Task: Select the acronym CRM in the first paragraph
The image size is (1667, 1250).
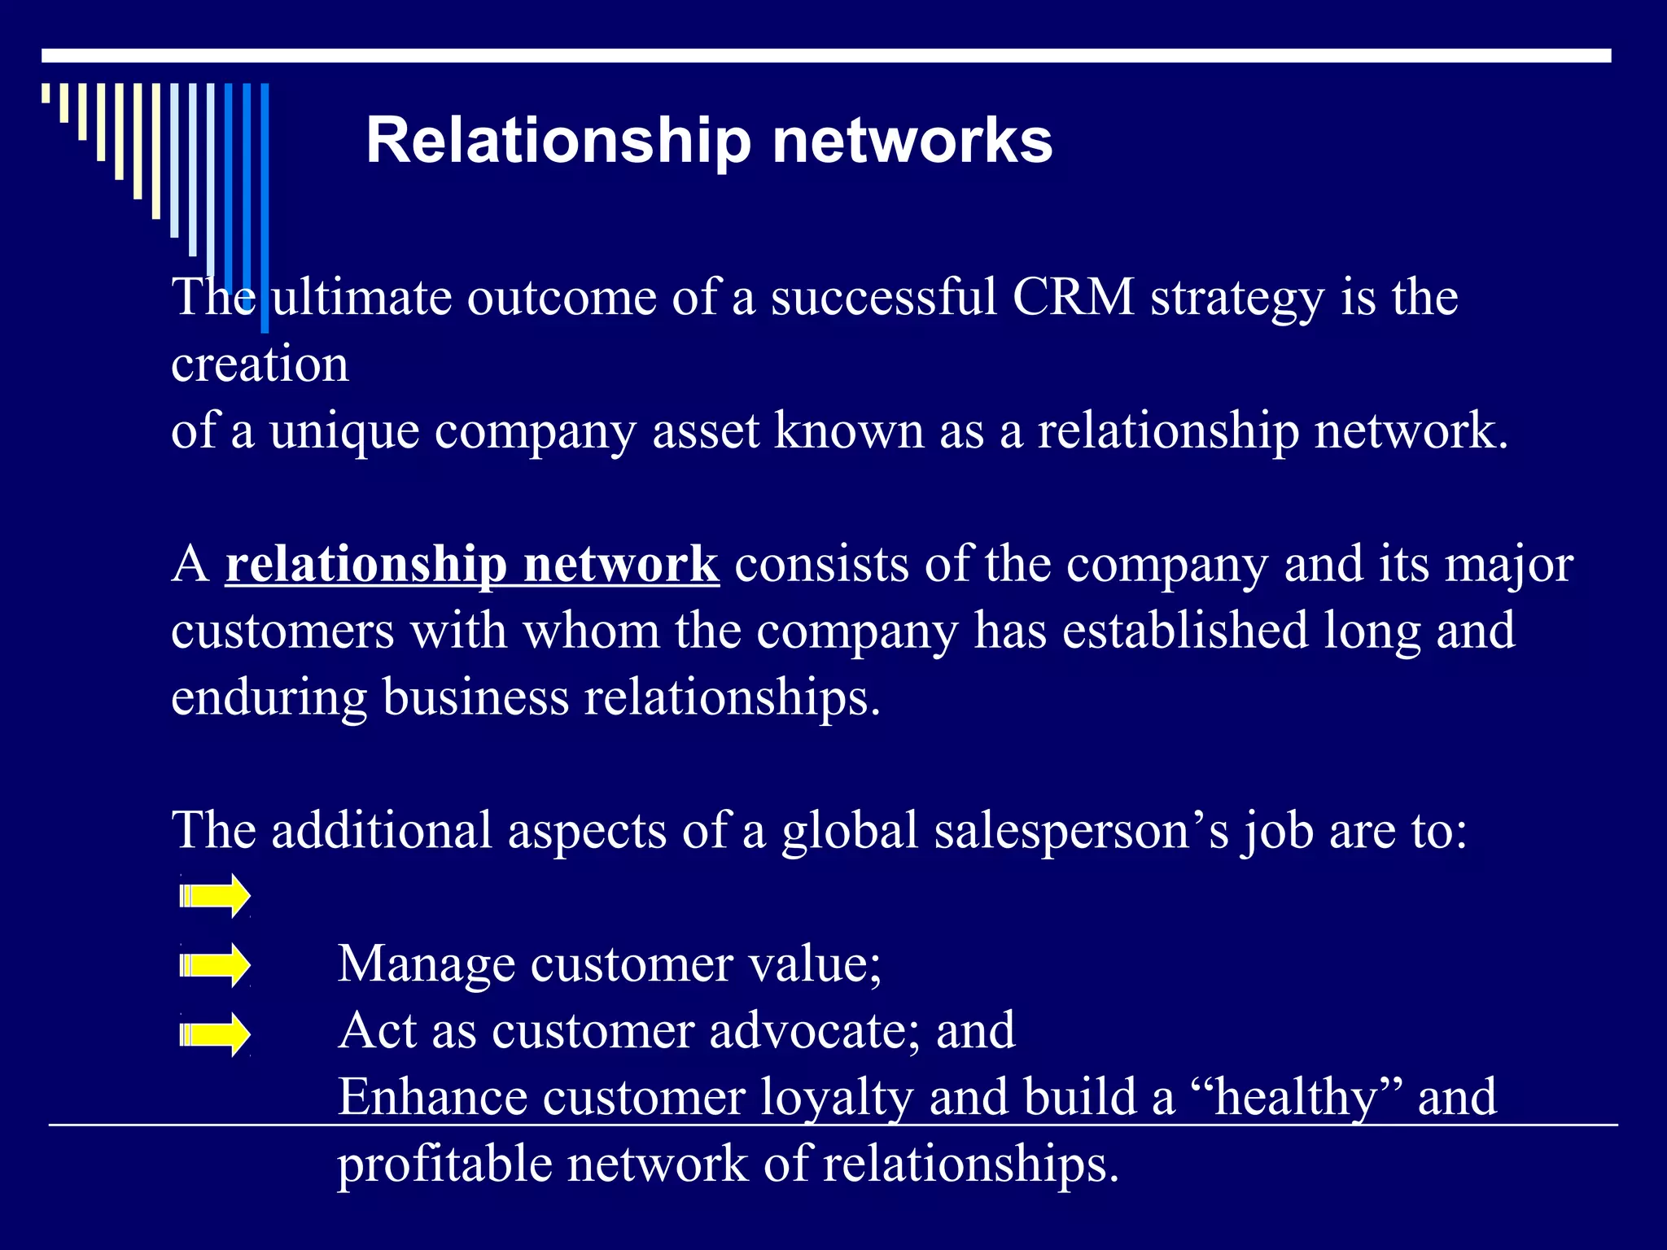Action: click(1074, 297)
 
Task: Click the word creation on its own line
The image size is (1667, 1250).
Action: click(260, 365)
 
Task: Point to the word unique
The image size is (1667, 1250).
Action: click(344, 431)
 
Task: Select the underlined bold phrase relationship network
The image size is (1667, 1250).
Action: click(472, 564)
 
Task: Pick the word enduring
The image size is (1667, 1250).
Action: click(269, 698)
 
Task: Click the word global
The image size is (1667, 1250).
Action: click(850, 831)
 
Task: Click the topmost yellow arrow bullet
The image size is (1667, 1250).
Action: click(215, 896)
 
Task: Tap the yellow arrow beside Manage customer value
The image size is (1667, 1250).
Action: click(215, 965)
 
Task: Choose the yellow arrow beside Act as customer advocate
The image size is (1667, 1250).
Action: click(215, 1034)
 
